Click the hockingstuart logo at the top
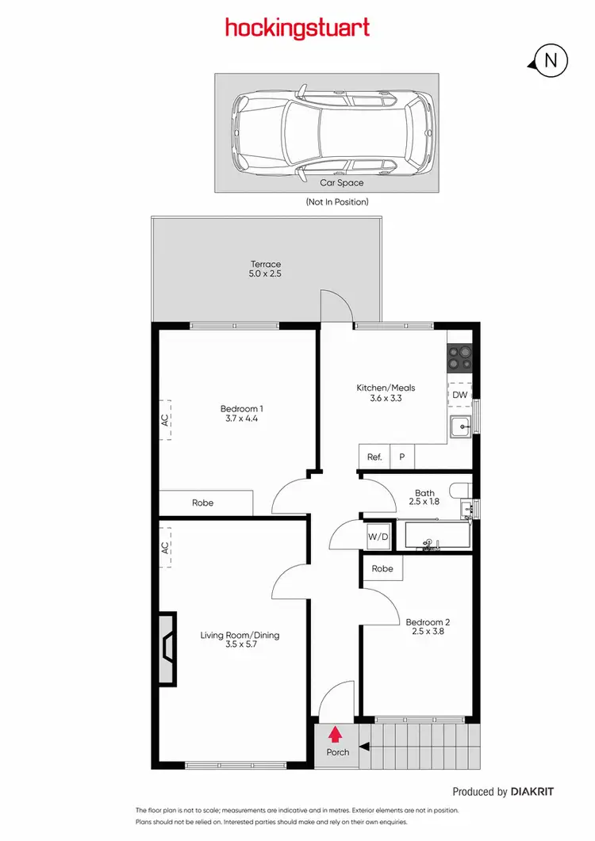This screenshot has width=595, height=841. [297, 29]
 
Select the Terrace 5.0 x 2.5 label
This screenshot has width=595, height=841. [267, 269]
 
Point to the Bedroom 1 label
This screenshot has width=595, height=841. [242, 414]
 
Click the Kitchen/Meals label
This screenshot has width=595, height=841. [386, 393]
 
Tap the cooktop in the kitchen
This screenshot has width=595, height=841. [459, 358]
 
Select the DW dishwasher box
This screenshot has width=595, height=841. [460, 395]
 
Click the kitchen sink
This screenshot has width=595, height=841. [460, 428]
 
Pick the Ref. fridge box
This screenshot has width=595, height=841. [374, 457]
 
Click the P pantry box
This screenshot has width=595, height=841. [402, 457]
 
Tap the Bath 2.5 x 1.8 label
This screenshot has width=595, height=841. [424, 497]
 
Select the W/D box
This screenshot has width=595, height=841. [378, 537]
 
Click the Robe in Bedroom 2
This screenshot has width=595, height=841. [382, 568]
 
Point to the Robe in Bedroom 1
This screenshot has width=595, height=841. [203, 503]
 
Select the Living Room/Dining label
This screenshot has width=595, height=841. [240, 640]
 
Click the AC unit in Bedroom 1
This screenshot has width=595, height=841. [165, 421]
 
